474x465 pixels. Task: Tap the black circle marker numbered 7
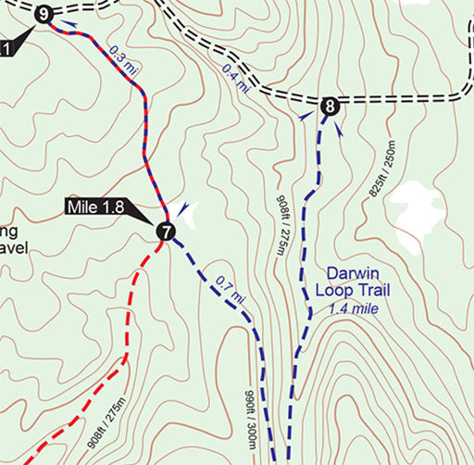pyautogui.click(x=166, y=232)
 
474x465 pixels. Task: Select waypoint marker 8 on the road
pyautogui.click(x=329, y=107)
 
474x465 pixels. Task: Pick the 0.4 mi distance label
pyautogui.click(x=235, y=79)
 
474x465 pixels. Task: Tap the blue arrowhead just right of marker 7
pyautogui.click(x=186, y=209)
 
